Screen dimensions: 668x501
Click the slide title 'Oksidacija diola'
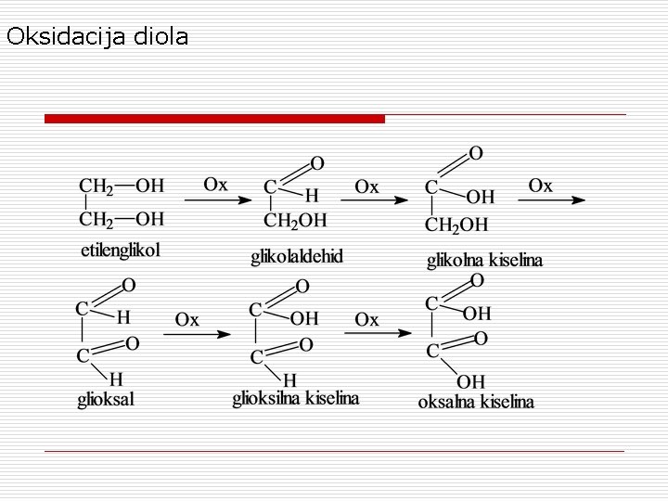point(96,37)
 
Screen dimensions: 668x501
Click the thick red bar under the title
point(214,119)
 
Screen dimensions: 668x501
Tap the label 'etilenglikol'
point(121,250)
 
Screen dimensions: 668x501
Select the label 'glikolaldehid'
point(296,256)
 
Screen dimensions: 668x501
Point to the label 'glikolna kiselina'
point(484,261)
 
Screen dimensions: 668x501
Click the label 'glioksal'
point(106,400)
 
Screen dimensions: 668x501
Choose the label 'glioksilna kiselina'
point(295,399)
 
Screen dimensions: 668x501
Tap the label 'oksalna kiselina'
point(476,402)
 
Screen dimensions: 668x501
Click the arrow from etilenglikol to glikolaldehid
point(216,199)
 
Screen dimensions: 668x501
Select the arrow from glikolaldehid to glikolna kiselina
point(379,199)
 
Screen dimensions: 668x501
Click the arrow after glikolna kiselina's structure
point(557,199)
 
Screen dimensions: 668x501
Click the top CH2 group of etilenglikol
point(96,186)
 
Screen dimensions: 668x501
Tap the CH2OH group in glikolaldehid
point(295,221)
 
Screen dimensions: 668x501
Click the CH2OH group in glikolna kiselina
point(456,225)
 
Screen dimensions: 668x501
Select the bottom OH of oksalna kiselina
point(470,380)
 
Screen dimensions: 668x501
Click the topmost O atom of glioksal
point(128,284)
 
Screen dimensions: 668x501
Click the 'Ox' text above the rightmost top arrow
point(540,186)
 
